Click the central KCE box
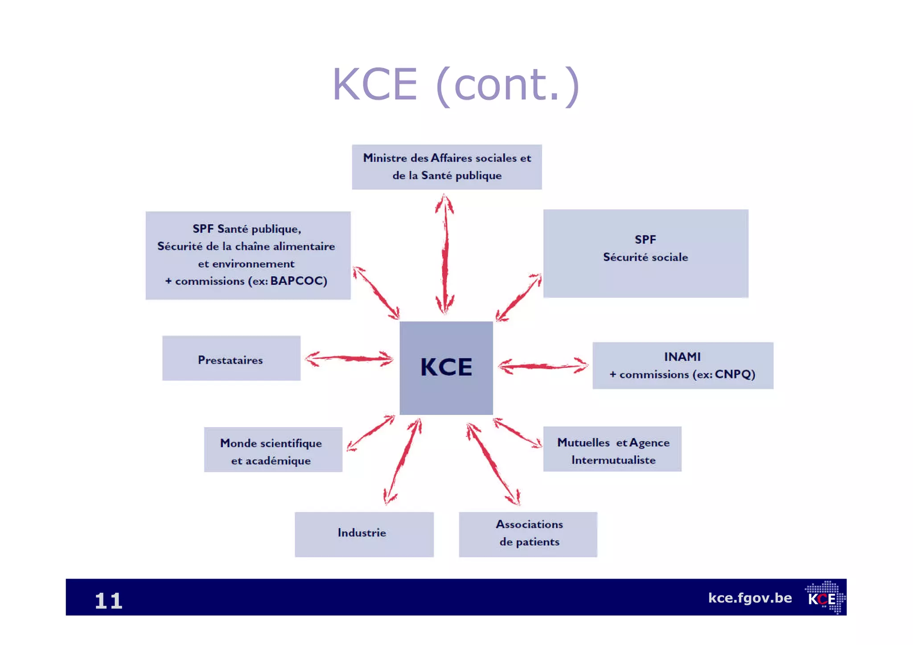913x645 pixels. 446,368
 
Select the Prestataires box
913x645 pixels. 231,358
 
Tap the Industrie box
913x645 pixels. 364,534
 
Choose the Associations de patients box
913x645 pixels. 528,534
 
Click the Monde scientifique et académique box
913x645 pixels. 273,449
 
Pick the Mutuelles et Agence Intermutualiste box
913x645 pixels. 612,449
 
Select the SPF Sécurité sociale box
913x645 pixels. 646,253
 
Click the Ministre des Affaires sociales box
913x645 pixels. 447,167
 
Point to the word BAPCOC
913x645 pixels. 298,281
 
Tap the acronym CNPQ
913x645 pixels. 734,374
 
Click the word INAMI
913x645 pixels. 682,357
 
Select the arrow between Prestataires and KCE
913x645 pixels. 349,358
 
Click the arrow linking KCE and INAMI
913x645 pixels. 543,366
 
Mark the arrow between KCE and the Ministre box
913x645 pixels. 445,254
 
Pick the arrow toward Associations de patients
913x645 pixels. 493,464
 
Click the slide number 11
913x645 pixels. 108,600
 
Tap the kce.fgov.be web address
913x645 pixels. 750,598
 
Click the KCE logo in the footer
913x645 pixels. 824,598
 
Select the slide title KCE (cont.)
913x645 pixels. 456,85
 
